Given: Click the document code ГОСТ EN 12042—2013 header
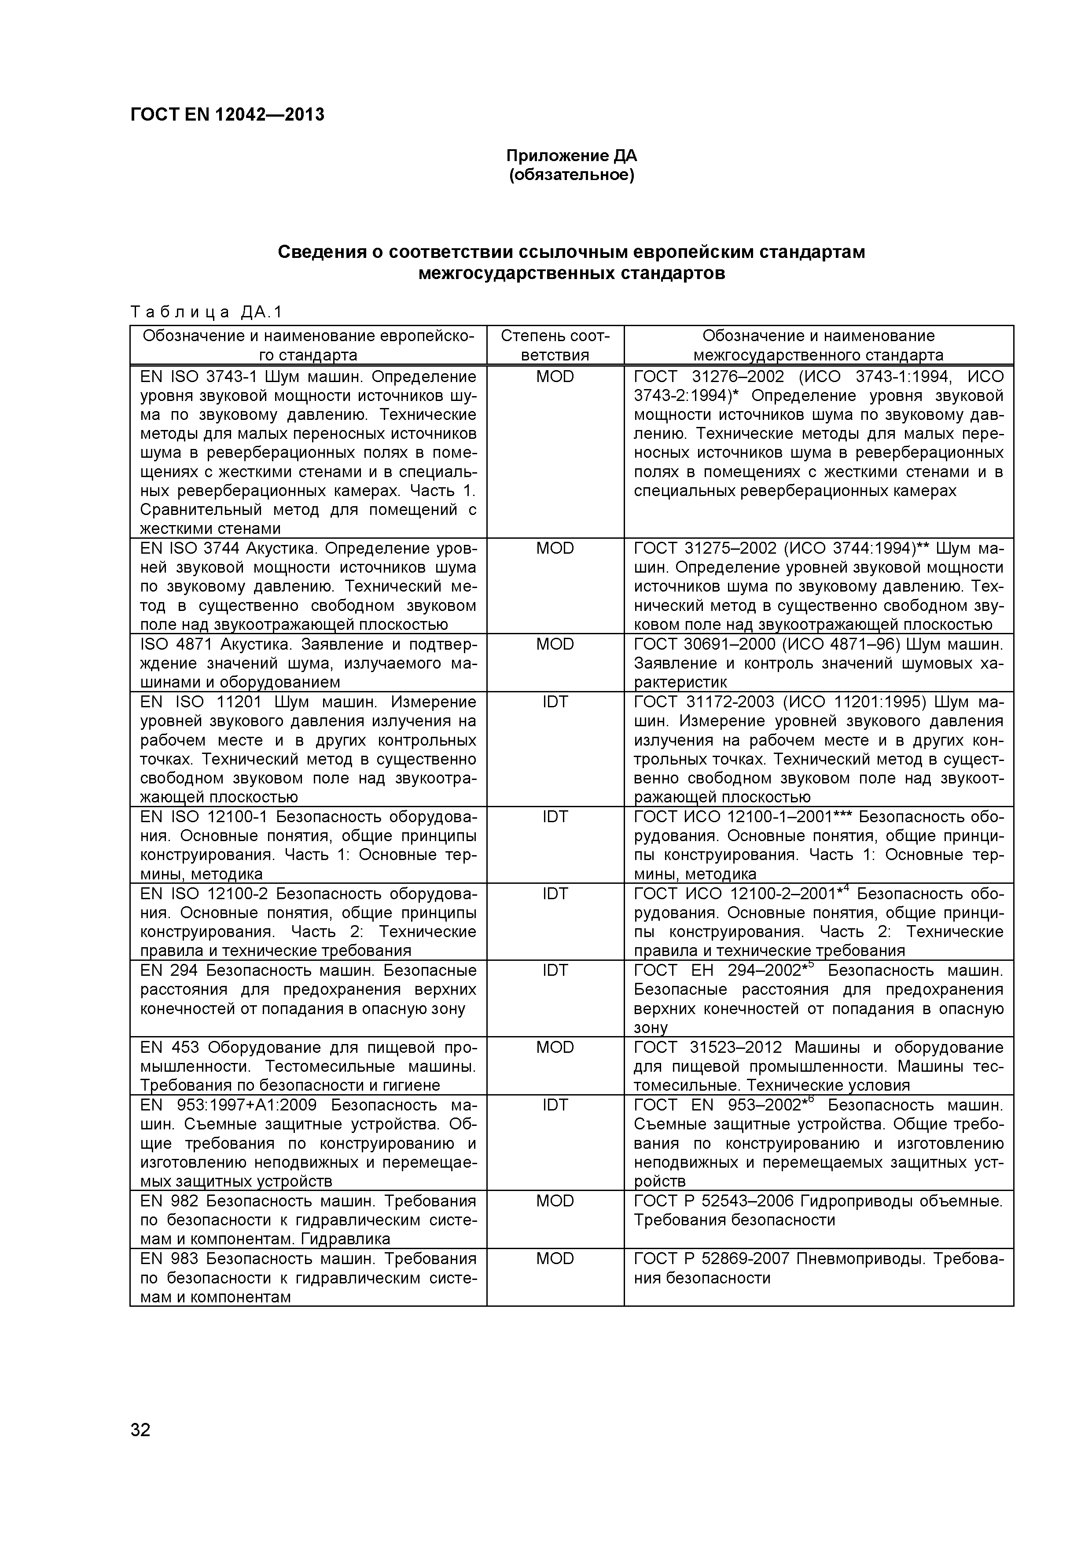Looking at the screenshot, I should point(227,114).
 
